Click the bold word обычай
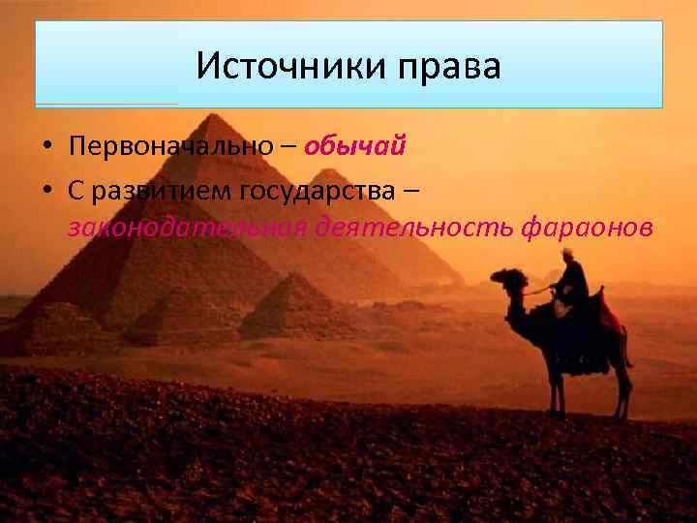click(x=354, y=147)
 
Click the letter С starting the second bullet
click(x=76, y=190)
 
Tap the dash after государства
click(x=412, y=190)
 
